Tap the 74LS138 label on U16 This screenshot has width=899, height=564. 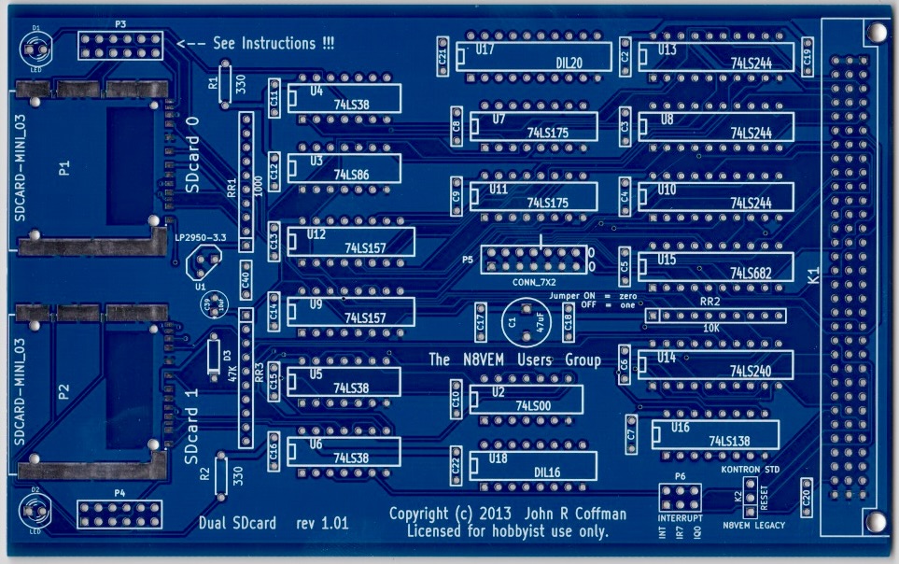click(730, 441)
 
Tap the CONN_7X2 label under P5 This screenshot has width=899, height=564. click(535, 280)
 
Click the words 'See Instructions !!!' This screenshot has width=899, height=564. click(274, 43)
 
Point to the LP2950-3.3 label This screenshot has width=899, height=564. click(200, 238)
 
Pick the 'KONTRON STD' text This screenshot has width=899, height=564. click(751, 469)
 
